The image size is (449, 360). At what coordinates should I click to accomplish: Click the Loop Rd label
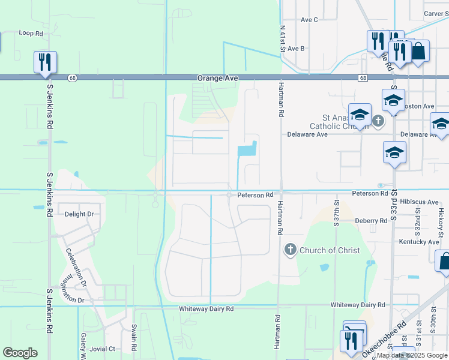point(31,34)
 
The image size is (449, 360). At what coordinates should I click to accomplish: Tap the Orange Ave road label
point(218,79)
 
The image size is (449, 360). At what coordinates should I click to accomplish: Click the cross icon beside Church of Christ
point(291,249)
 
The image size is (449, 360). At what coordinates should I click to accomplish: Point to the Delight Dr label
point(79,214)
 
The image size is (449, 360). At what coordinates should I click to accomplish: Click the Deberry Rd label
point(371,221)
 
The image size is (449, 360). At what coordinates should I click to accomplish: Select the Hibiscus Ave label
point(419,202)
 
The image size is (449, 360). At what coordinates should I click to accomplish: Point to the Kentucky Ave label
point(419,242)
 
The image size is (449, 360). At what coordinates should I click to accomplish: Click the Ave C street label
point(309,20)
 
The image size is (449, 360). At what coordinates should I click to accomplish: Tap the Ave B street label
point(296,49)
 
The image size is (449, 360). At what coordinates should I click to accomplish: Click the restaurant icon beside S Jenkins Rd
point(46,62)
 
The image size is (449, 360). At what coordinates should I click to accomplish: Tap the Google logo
point(20,353)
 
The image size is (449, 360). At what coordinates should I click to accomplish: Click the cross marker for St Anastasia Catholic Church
point(378,121)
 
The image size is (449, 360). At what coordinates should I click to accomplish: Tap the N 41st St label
point(282,37)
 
